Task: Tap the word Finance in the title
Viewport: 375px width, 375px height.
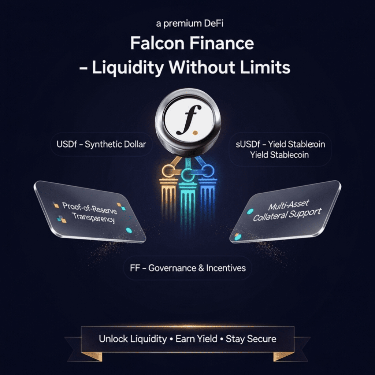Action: (x=222, y=44)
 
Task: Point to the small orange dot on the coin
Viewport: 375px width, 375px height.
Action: (x=196, y=133)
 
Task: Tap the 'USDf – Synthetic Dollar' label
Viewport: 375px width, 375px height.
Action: (x=101, y=144)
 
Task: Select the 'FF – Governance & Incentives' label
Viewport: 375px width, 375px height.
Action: (x=187, y=268)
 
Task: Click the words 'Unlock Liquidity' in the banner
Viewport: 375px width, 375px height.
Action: (x=133, y=339)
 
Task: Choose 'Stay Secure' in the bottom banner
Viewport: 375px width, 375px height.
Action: (x=251, y=339)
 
